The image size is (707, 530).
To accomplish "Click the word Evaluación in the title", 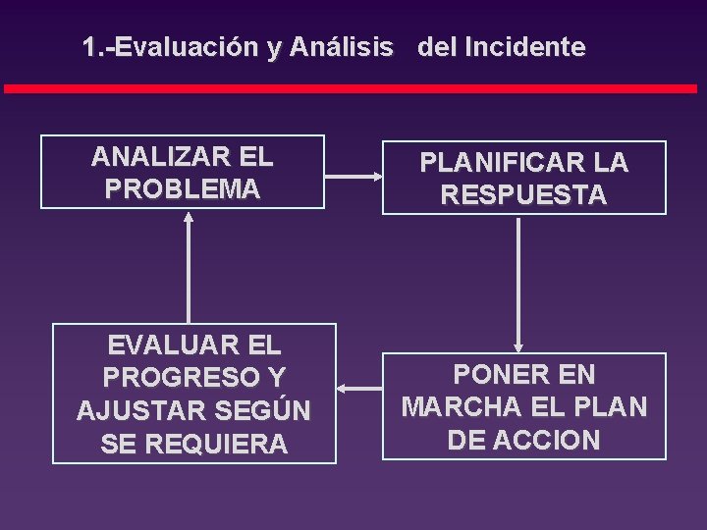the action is (x=187, y=47).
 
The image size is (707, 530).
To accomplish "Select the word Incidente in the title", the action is (x=528, y=47).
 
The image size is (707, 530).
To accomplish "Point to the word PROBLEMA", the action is (x=182, y=188).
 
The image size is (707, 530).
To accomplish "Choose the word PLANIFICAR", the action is (x=499, y=163).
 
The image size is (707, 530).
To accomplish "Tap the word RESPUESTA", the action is (x=523, y=194).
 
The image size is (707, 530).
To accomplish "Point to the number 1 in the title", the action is (x=90, y=47).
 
